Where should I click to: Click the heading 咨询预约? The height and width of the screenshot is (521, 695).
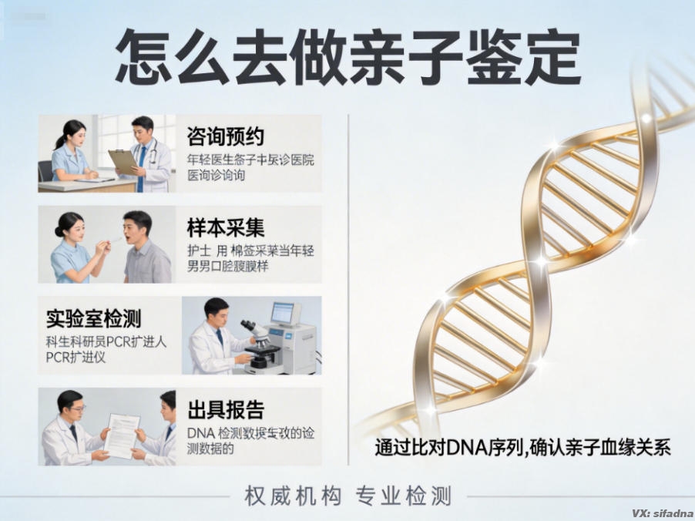(x=226, y=137)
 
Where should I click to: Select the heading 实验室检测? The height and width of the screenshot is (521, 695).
(x=93, y=318)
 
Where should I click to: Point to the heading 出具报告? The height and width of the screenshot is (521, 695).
(x=226, y=408)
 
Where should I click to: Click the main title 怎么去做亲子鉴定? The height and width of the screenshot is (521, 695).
(x=347, y=59)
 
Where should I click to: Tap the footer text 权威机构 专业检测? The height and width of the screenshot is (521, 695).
(x=347, y=496)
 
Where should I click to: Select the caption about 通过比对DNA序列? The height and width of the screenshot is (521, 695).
(x=522, y=447)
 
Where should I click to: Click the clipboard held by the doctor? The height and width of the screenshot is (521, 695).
(x=123, y=161)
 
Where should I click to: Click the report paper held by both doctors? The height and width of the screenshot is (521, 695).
(x=122, y=434)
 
